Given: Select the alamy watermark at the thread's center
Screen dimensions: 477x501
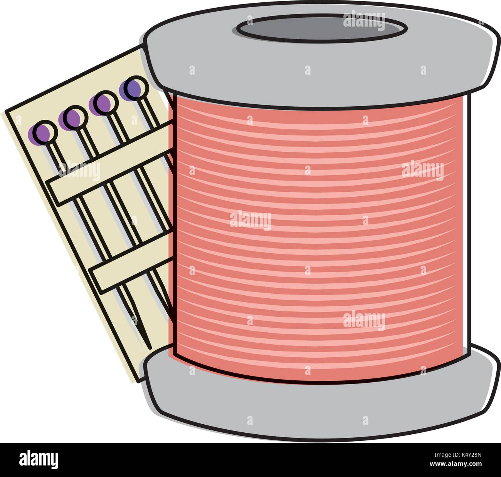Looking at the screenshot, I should [x=250, y=221].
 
